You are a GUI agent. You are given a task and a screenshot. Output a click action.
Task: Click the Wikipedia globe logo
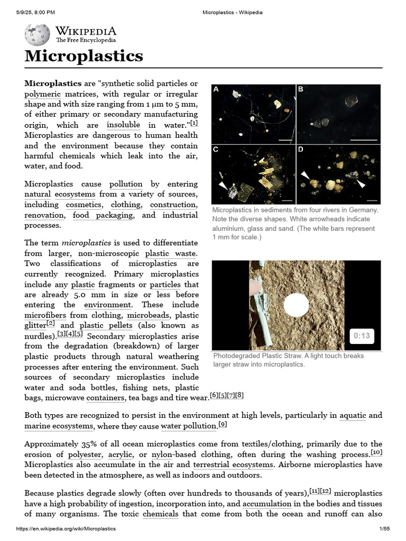point(37,34)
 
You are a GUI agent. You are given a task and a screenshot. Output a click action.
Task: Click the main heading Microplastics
point(84,55)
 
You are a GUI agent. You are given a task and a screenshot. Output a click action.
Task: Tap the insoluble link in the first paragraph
point(123,125)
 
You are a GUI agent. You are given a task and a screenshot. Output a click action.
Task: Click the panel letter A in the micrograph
point(216,89)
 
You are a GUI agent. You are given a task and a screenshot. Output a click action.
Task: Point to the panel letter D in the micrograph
point(301,150)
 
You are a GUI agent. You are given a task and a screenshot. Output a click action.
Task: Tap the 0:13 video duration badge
point(362,335)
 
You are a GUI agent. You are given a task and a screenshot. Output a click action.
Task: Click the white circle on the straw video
point(296,305)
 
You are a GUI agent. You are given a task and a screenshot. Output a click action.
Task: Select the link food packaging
point(103,215)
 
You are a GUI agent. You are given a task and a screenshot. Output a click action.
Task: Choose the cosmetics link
point(84,204)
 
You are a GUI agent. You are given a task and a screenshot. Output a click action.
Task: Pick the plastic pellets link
point(106,325)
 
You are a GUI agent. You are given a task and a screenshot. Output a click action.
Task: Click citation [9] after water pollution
point(223,425)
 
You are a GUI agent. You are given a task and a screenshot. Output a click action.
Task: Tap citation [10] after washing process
point(376,453)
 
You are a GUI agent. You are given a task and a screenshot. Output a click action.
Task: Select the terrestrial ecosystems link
point(233,464)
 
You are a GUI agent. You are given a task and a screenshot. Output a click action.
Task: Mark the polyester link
point(83,454)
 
